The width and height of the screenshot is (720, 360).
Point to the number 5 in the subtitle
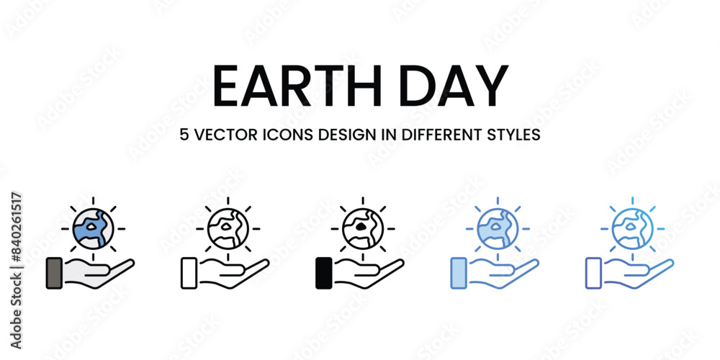point(184,135)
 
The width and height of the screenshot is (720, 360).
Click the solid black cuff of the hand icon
point(323,273)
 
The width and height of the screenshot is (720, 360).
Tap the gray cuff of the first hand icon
point(54,273)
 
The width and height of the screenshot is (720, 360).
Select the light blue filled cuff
point(458,273)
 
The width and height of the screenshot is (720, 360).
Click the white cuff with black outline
point(188,273)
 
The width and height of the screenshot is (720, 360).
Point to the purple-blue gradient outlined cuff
point(593,273)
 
